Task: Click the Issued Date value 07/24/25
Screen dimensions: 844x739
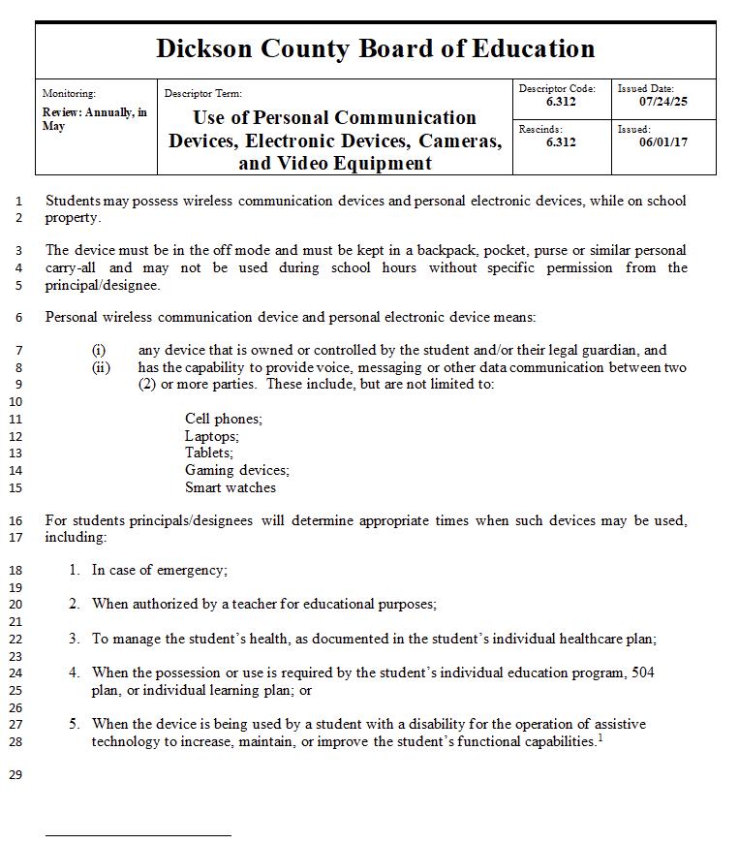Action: click(x=663, y=101)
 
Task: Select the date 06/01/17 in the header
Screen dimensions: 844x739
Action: click(x=663, y=141)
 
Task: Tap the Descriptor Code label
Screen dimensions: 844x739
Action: click(x=557, y=89)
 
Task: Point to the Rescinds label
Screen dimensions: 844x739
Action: click(x=540, y=129)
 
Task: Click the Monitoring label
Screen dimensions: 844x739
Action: click(x=69, y=94)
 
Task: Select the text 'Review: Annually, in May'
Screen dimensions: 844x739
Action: click(x=94, y=119)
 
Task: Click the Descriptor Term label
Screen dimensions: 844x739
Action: click(x=203, y=94)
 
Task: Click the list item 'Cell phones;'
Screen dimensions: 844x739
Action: click(x=224, y=419)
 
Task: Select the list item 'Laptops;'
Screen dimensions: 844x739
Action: click(x=212, y=436)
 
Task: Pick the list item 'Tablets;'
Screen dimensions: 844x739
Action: click(x=209, y=453)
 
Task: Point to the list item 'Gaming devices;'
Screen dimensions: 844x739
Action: click(x=237, y=470)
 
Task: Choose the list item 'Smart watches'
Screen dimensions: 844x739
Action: click(x=231, y=487)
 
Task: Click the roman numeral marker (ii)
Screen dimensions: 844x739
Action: click(x=102, y=367)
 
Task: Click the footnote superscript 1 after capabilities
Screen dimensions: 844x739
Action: click(x=600, y=738)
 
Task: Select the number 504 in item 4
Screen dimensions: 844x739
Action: click(x=642, y=672)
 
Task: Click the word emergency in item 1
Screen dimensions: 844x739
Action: click(x=193, y=570)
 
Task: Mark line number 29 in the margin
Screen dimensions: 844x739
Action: click(x=15, y=774)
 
